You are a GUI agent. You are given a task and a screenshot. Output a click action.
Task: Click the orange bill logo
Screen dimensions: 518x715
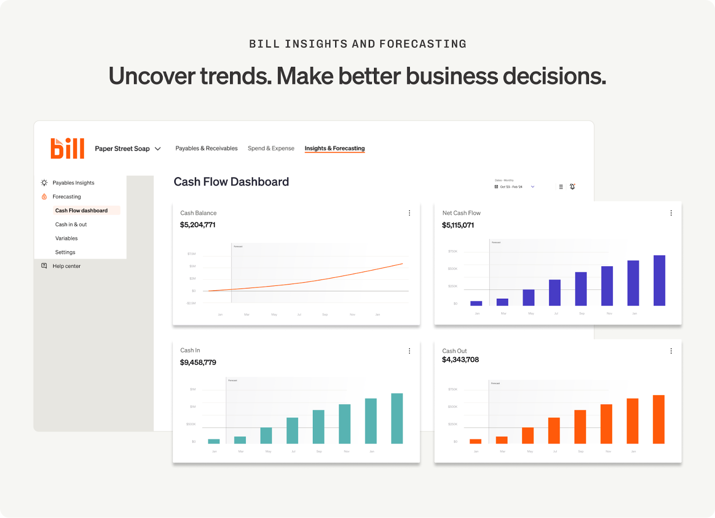coord(67,148)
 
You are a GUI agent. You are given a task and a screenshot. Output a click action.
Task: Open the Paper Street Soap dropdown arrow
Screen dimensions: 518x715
coord(158,149)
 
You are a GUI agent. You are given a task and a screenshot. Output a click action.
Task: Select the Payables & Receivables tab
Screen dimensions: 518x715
coord(206,148)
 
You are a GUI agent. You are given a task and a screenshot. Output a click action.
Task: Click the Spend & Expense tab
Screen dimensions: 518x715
coord(271,148)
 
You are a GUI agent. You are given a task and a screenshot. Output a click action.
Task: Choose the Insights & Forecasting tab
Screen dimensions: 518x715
coord(335,148)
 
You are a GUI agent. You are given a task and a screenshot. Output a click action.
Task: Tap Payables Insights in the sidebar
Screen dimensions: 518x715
coord(73,183)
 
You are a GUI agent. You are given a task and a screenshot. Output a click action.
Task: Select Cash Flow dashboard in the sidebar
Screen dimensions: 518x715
coord(81,210)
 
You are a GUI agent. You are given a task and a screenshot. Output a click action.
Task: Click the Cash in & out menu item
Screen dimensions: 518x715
coord(71,224)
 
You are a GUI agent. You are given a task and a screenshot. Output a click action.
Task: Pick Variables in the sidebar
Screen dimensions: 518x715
coord(67,238)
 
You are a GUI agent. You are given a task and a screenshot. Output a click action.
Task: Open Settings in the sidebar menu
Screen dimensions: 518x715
coord(65,252)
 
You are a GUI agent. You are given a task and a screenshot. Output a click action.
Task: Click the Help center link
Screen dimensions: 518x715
coord(67,266)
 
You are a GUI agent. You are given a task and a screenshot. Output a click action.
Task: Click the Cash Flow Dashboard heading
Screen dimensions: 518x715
coord(231,182)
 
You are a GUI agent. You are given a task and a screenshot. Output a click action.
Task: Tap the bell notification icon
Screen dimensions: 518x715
coord(572,187)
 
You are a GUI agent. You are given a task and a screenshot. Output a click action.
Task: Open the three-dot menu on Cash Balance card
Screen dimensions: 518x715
coord(409,213)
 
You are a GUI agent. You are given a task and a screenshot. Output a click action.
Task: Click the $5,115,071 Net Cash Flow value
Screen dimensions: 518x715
coord(458,225)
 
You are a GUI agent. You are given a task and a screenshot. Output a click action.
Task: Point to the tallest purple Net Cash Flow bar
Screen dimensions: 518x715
coord(659,280)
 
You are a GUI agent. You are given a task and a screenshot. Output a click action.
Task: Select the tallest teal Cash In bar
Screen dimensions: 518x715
coord(397,418)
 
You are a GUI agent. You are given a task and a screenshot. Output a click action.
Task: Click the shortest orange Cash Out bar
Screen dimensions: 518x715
coord(475,441)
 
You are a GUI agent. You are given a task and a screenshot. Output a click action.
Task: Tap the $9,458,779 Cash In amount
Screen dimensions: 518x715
coord(198,362)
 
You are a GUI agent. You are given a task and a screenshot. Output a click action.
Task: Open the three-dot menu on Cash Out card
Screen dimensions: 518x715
coord(671,351)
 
